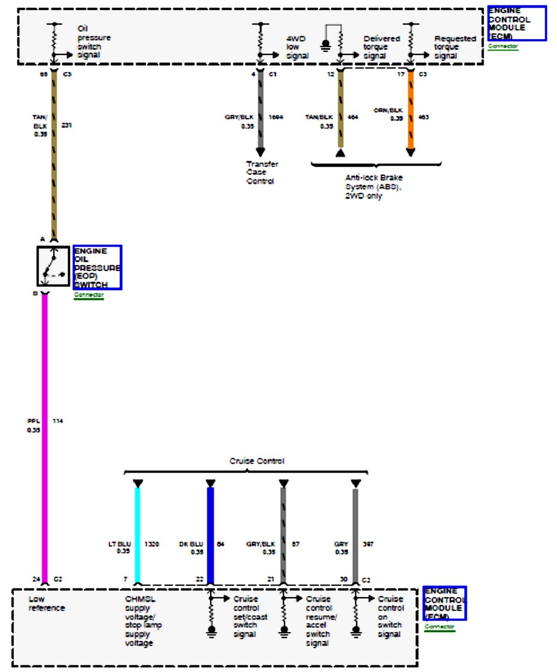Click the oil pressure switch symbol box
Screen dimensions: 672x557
pyautogui.click(x=53, y=266)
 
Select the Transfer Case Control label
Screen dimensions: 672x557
pyautogui.click(x=262, y=173)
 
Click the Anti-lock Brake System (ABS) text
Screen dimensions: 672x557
pyautogui.click(x=373, y=187)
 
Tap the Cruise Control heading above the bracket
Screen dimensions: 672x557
pyautogui.click(x=257, y=461)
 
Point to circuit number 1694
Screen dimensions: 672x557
pyautogui.click(x=276, y=117)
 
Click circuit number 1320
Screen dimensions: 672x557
pyautogui.click(x=152, y=544)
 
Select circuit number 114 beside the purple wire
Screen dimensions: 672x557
pyautogui.click(x=58, y=421)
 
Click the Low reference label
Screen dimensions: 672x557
pyautogui.click(x=47, y=603)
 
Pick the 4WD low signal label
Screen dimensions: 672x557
pyautogui.click(x=297, y=47)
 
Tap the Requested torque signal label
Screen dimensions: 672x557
pyautogui.click(x=454, y=47)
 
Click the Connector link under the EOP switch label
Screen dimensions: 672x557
pyautogui.click(x=89, y=295)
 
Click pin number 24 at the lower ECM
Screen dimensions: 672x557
pyautogui.click(x=36, y=579)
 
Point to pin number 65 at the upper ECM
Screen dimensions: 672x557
pyautogui.click(x=43, y=74)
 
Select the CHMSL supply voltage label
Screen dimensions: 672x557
pyautogui.click(x=143, y=621)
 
